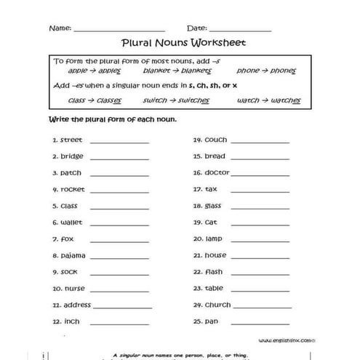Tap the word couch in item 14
pos(216,140)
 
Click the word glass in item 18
pos(213,206)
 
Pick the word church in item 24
pos(218,305)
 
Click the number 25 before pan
pos(196,321)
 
